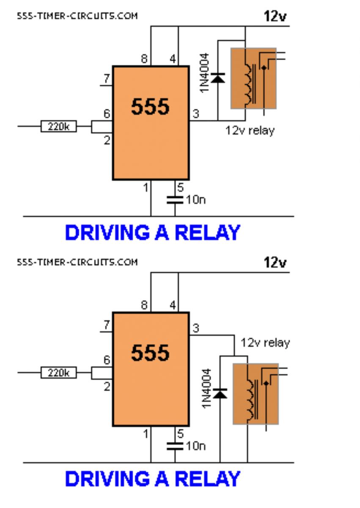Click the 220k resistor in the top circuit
pos(59,126)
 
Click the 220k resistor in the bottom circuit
pos(59,373)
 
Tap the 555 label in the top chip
pos(150,107)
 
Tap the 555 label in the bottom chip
pos(150,353)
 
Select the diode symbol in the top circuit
pos(218,78)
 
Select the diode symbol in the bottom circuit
pos(220,393)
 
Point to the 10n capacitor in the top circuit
pos(175,200)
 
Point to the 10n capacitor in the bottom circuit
pos(175,446)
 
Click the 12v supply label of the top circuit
pos(275,17)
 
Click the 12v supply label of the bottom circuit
pos(275,262)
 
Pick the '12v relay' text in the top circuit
pos(250,131)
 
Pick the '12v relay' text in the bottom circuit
pos(265,342)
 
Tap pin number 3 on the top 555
pos(196,113)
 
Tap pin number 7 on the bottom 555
pos(107,325)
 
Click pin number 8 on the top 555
pos(144,59)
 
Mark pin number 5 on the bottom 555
pos(180,434)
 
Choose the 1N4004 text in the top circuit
pos(204,73)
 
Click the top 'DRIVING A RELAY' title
pos(152,233)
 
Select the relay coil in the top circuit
pos(249,84)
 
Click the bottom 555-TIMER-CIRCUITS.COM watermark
pos(77,262)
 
